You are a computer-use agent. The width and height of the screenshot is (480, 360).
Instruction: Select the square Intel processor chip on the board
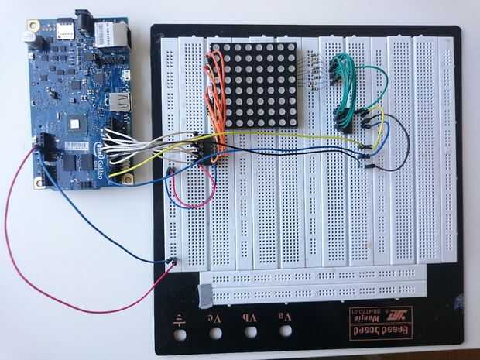click(x=76, y=121)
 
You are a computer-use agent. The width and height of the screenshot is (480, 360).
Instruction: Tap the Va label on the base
click(x=286, y=315)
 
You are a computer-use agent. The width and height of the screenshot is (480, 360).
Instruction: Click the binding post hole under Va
click(x=286, y=332)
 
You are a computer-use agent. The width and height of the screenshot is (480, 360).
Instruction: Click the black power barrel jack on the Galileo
click(x=86, y=17)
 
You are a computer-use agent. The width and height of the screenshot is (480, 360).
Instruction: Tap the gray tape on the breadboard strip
click(x=206, y=293)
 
